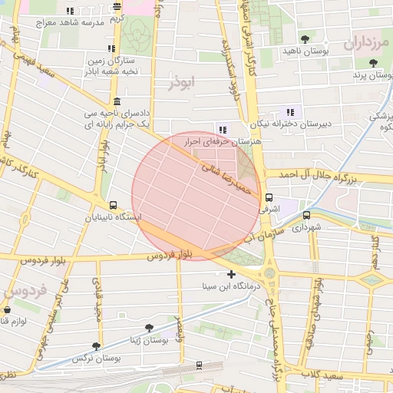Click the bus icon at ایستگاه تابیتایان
(114, 206)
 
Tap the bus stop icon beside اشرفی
(269, 197)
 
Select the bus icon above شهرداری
(307, 216)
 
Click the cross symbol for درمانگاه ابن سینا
(232, 274)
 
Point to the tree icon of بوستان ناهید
(305, 38)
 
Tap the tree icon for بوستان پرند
(373, 64)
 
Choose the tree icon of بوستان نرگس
(96, 346)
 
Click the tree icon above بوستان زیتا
(149, 328)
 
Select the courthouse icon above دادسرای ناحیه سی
(117, 101)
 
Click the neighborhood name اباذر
(183, 81)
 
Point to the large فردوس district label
(25, 292)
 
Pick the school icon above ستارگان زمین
(111, 48)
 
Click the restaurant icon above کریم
(117, 7)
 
